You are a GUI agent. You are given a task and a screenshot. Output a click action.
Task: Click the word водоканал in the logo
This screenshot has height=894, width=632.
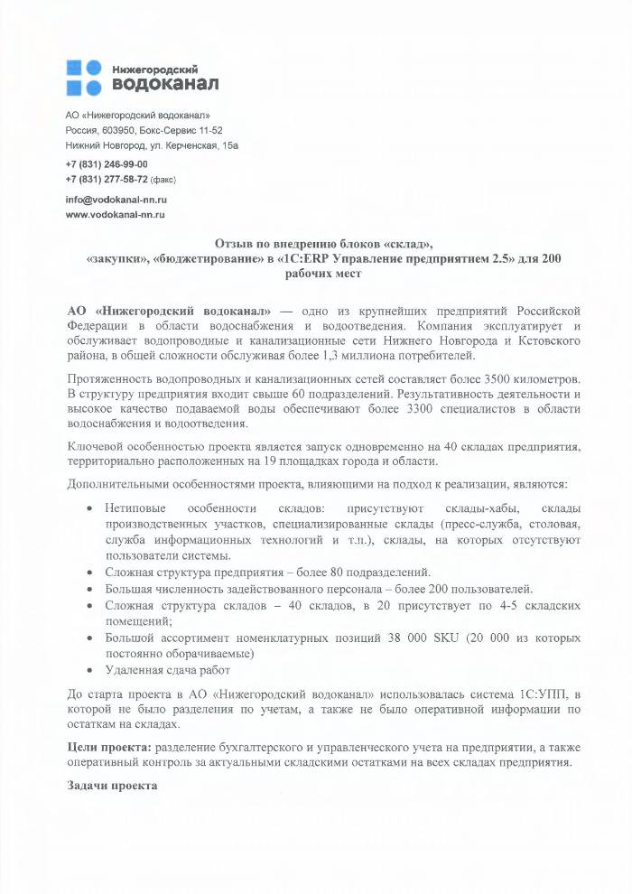coord(164,84)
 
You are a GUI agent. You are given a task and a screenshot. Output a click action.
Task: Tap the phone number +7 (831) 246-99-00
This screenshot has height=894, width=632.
coord(107,164)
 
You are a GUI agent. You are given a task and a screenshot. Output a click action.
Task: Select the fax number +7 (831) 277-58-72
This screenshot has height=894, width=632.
coord(107,179)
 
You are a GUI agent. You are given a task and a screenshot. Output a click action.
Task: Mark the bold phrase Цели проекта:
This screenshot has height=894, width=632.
coord(110,748)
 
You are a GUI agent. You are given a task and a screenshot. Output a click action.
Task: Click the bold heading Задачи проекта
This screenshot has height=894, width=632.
coord(113,785)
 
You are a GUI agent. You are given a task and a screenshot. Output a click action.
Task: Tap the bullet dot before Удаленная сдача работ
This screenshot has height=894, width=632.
coord(89,670)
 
